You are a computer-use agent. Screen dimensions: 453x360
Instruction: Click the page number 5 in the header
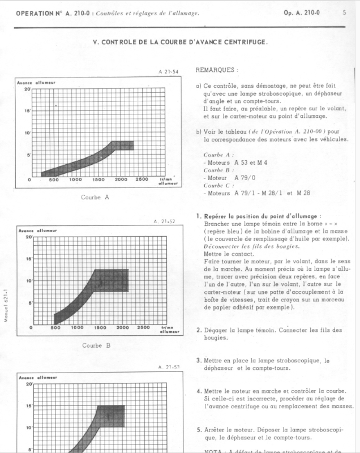pos(344,12)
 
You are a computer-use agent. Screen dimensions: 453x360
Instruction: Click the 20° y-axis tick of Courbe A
pos(27,89)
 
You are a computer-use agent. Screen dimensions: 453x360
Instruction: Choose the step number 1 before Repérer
pos(198,216)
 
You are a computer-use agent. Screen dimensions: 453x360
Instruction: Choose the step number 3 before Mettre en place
pos(198,360)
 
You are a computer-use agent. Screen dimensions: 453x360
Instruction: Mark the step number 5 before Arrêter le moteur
pos(198,429)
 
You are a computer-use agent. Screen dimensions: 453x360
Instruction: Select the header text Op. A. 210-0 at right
pos(303,12)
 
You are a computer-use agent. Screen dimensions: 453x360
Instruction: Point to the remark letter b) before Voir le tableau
pos(198,131)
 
